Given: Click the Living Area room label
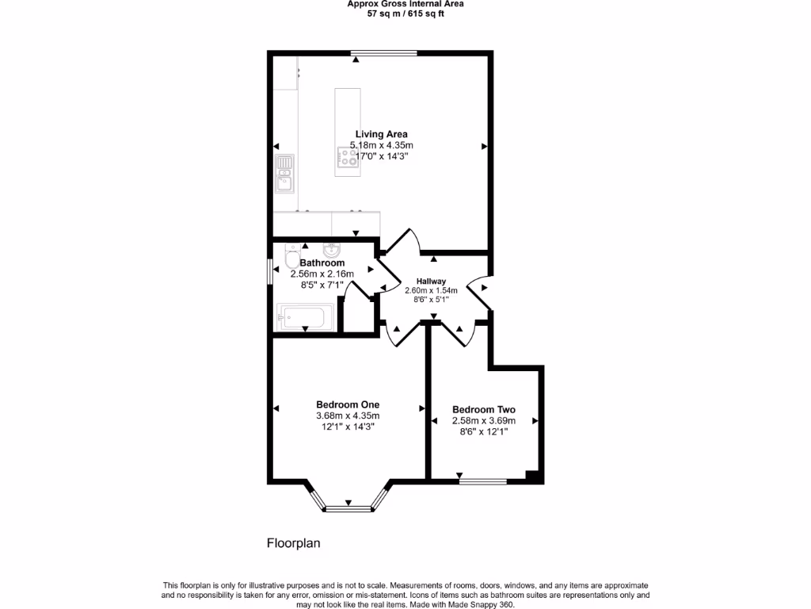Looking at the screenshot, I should (381, 134).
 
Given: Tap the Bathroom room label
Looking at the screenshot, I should (322, 262).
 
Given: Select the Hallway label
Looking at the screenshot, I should (432, 281).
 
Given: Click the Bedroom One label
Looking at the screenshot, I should (348, 404).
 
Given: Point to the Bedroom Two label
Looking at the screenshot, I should (483, 409).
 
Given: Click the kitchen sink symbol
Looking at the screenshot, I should (284, 174).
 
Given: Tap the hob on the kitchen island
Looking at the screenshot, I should (347, 161).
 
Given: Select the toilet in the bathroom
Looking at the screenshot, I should (291, 259).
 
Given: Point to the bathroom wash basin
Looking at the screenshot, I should (331, 251).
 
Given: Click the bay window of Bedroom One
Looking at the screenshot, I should (348, 506).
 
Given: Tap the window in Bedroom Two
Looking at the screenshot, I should (483, 480).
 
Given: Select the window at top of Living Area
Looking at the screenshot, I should (384, 53).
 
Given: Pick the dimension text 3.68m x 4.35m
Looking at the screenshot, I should (348, 416).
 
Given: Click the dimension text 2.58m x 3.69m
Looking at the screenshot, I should (483, 421).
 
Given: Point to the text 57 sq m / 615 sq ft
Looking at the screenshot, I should (405, 14).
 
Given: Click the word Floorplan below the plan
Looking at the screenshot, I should (292, 544).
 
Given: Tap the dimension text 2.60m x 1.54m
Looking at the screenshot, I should (432, 290).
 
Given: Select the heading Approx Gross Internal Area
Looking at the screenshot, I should (405, 4).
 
